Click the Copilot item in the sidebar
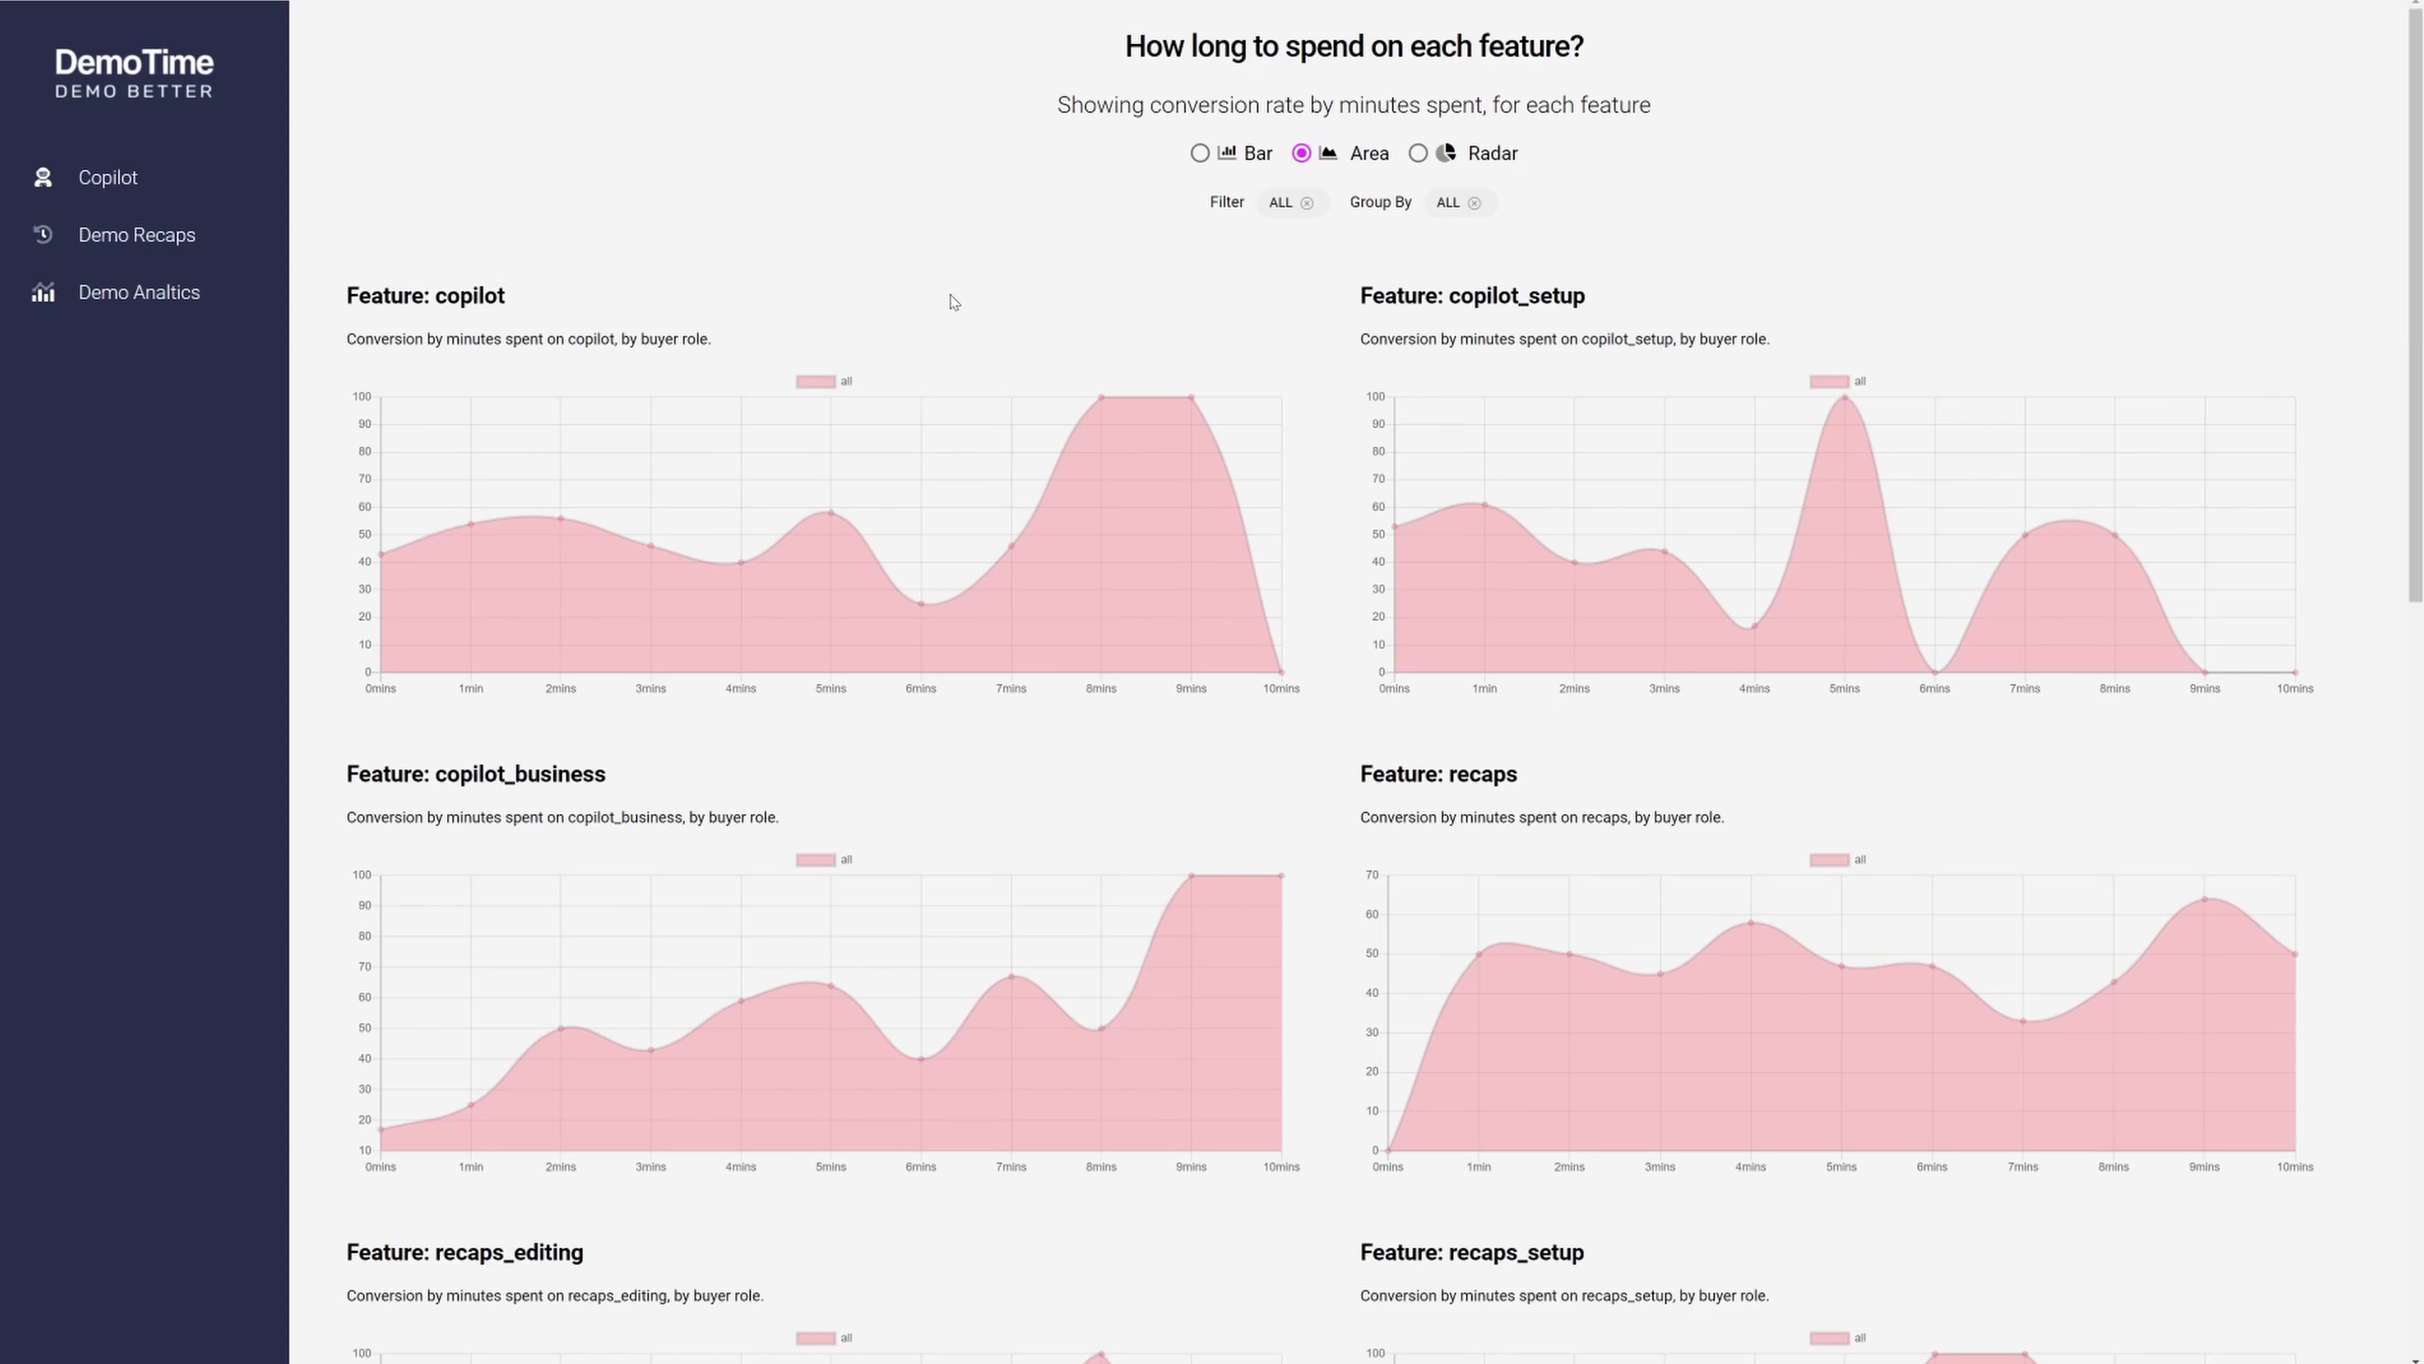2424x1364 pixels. coord(107,178)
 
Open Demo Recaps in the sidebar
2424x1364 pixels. coord(136,236)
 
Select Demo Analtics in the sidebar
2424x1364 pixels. coord(138,293)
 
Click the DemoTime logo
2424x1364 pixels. coord(134,73)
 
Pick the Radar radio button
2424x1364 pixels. coord(1418,153)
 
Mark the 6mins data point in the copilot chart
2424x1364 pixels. coord(921,604)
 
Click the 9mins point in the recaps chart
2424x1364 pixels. coord(2204,900)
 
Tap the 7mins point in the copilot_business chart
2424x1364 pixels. coord(1011,977)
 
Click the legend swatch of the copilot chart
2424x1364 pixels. coord(815,382)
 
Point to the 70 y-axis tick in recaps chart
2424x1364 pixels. coord(1372,875)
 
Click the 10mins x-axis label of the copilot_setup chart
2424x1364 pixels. coord(2294,689)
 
